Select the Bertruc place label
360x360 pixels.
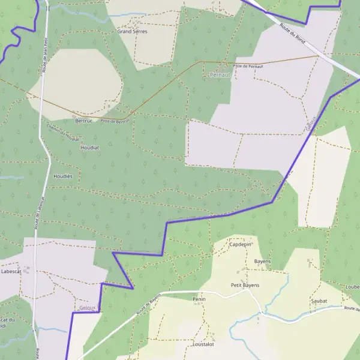point(84,121)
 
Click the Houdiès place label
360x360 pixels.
point(63,176)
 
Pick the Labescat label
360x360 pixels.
point(11,271)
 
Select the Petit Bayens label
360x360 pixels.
point(245,285)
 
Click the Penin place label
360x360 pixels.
point(199,298)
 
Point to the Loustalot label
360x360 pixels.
point(203,345)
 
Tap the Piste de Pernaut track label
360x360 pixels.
point(248,65)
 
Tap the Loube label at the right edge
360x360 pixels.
point(352,287)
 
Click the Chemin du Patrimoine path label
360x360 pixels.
point(62,135)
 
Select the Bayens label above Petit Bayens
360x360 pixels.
point(262,262)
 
